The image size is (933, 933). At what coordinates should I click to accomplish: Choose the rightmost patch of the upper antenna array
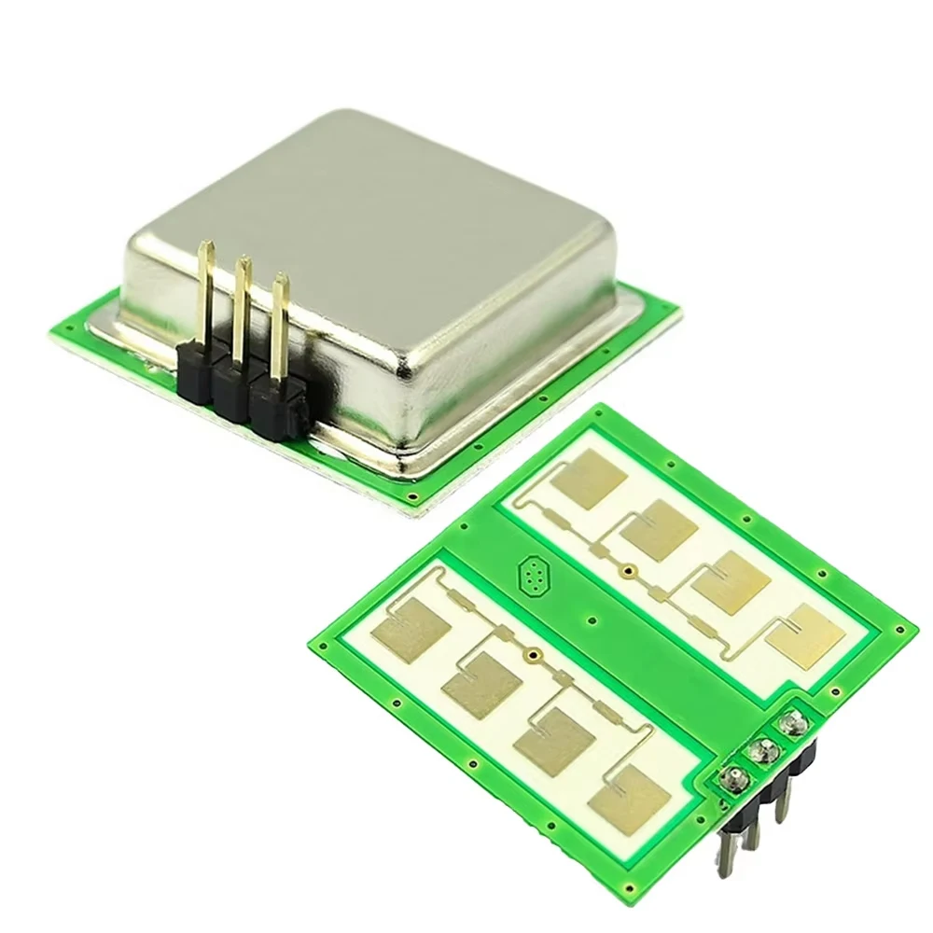tap(797, 637)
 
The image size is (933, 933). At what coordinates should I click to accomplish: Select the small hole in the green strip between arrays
tap(591, 618)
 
